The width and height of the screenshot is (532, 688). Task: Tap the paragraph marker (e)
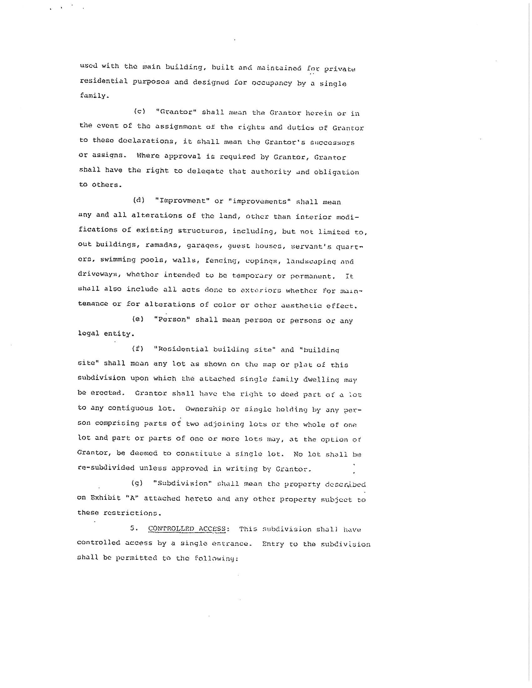pos(138,319)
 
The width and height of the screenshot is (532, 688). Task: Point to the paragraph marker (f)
pos(138,349)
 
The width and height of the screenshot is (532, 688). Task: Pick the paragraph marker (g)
pos(137,483)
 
